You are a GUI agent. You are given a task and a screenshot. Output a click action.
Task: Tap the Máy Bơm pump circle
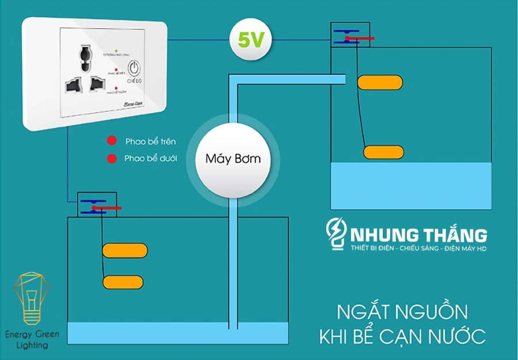[233, 159]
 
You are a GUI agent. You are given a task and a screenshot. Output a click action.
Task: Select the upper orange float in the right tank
[380, 83]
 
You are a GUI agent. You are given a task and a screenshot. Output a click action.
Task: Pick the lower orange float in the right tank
[382, 152]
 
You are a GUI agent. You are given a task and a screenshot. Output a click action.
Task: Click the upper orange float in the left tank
[125, 251]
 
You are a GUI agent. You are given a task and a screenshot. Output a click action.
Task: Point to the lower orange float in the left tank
[123, 282]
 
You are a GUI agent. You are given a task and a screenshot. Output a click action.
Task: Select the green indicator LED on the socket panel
[116, 51]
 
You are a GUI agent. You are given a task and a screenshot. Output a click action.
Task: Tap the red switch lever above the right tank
[359, 39]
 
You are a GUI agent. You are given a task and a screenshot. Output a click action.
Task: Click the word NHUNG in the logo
[382, 235]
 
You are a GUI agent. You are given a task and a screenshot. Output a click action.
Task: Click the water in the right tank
[411, 185]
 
